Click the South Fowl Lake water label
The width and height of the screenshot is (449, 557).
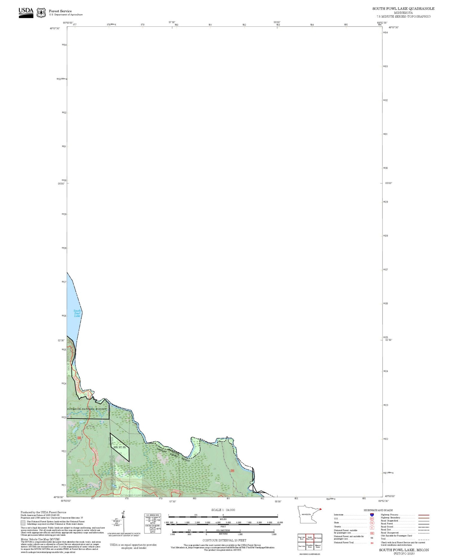[77, 313]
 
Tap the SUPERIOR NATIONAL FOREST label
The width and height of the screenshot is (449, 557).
[87, 409]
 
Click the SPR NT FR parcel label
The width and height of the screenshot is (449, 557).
[119, 447]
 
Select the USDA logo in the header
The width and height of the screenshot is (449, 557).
[26, 12]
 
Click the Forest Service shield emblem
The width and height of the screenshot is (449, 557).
[41, 13]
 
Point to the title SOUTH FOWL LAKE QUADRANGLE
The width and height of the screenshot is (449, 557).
[403, 9]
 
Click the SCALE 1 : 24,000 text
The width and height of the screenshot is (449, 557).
[223, 510]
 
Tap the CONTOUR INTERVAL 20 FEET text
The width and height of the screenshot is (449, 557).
[224, 540]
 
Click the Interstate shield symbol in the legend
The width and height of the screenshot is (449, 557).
[372, 515]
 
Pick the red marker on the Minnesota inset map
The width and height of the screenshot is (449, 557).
[321, 509]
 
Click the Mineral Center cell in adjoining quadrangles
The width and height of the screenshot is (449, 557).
[318, 546]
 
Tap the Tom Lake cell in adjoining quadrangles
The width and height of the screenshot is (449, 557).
[301, 546]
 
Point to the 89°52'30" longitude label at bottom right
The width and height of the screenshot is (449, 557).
[383, 501]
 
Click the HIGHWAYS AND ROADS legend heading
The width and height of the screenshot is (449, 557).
[378, 510]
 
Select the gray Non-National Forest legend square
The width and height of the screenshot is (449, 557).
[23, 523]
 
